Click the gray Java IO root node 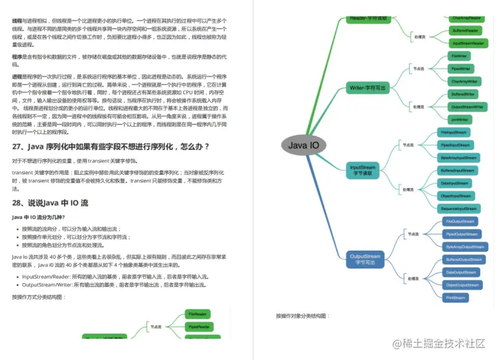303,145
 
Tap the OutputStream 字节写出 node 364,259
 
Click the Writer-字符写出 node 368,87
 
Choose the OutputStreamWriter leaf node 466,107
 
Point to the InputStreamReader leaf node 468,43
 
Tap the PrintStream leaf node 455,298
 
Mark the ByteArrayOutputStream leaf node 465,246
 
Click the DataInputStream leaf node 454,183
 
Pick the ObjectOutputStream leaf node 463,285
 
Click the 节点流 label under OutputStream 413,234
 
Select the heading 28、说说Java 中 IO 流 50,203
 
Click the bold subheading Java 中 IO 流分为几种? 43,218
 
